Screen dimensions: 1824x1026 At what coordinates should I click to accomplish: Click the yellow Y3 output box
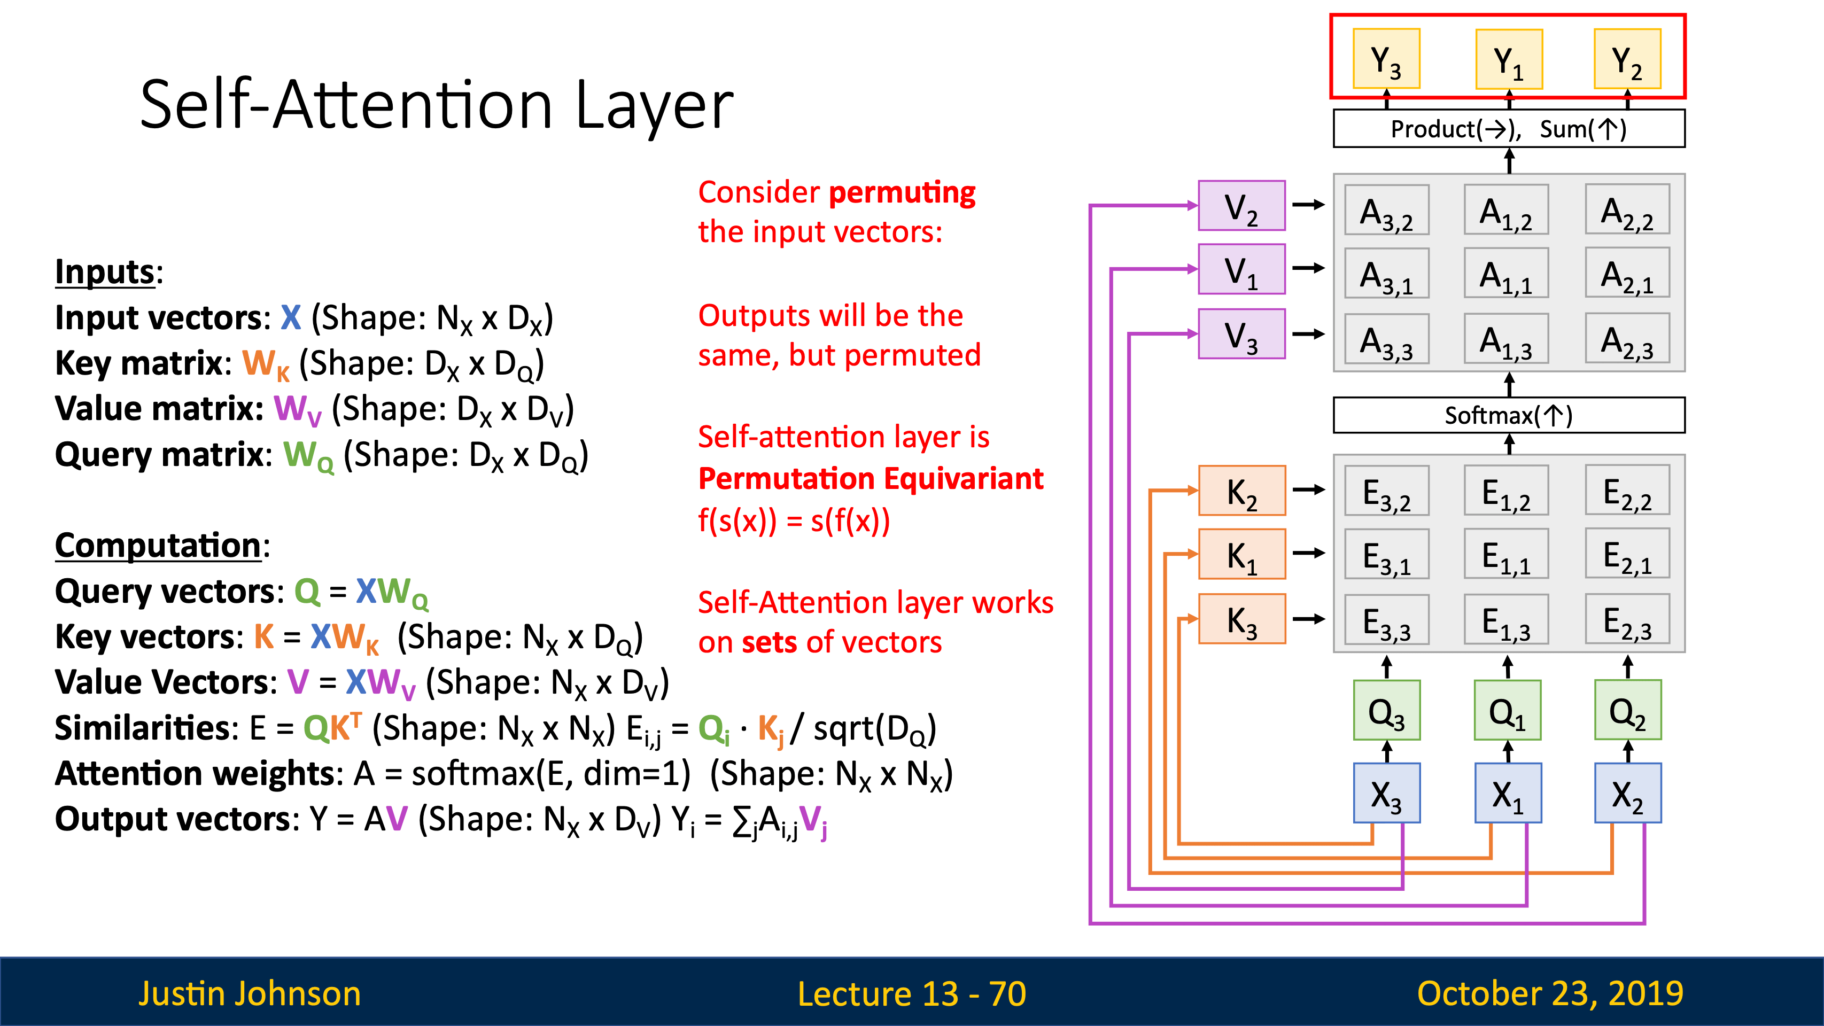[1386, 59]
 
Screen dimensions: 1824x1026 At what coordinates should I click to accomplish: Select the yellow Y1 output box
[1508, 59]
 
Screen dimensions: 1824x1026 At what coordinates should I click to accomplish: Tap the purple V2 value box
[1241, 205]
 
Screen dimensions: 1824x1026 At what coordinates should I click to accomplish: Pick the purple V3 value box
[1241, 333]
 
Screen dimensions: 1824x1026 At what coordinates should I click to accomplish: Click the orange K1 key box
[1241, 554]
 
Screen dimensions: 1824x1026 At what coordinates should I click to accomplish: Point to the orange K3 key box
[1241, 619]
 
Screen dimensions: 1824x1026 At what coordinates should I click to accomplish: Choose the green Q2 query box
[1627, 710]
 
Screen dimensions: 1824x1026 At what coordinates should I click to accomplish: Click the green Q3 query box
[1386, 710]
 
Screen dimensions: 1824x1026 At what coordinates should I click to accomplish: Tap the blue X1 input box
[1508, 793]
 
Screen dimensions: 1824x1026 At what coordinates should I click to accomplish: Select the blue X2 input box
[1628, 793]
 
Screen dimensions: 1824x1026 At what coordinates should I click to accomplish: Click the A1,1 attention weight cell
[1506, 273]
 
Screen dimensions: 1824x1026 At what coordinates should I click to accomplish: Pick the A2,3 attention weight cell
[1627, 338]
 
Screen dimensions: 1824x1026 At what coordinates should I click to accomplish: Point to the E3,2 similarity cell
[1386, 491]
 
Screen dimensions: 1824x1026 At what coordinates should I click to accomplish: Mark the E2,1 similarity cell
[1627, 554]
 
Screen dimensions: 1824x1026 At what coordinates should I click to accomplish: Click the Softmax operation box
[1509, 415]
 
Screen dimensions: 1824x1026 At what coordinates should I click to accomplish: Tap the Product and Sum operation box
[1509, 128]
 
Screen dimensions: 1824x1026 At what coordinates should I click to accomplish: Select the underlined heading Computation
[158, 545]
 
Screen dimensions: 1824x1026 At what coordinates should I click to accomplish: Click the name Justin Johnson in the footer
[249, 993]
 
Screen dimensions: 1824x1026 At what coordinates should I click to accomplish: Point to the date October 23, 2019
[1550, 993]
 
